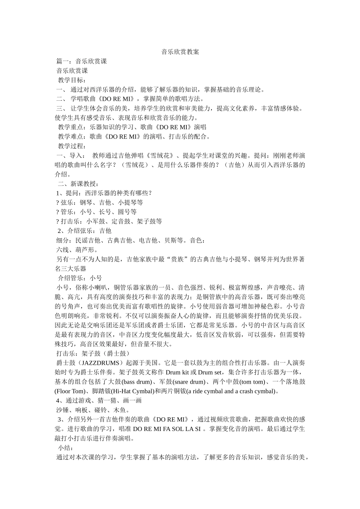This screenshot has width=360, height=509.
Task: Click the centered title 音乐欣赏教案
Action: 180,52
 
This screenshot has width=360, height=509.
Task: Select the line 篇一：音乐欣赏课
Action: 81,61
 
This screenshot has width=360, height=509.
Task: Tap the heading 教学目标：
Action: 72,80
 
